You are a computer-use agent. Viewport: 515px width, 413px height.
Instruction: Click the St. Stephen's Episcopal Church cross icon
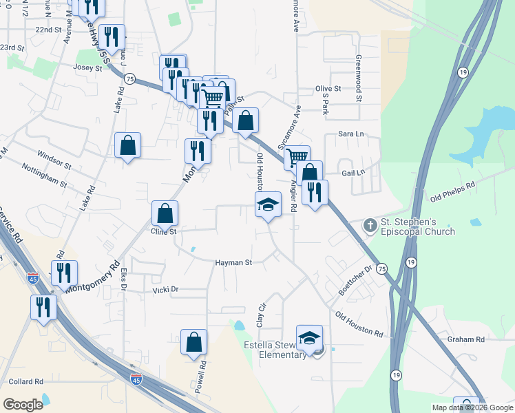(370, 225)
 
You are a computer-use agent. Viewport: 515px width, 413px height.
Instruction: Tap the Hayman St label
(234, 262)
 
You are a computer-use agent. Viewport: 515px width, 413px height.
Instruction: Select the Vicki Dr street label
(165, 290)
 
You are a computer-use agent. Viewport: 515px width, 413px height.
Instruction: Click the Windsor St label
(54, 159)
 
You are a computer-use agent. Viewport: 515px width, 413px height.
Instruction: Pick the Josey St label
(87, 67)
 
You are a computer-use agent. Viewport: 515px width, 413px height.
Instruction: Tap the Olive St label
(328, 89)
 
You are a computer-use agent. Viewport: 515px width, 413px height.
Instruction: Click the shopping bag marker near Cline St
(165, 213)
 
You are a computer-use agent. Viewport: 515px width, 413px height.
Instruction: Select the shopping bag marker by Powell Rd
(194, 342)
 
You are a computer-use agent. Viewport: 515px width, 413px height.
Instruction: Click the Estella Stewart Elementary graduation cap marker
(310, 338)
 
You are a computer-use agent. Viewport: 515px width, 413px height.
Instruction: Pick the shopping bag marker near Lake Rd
(127, 145)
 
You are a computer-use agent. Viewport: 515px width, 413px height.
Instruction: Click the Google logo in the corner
(23, 405)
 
